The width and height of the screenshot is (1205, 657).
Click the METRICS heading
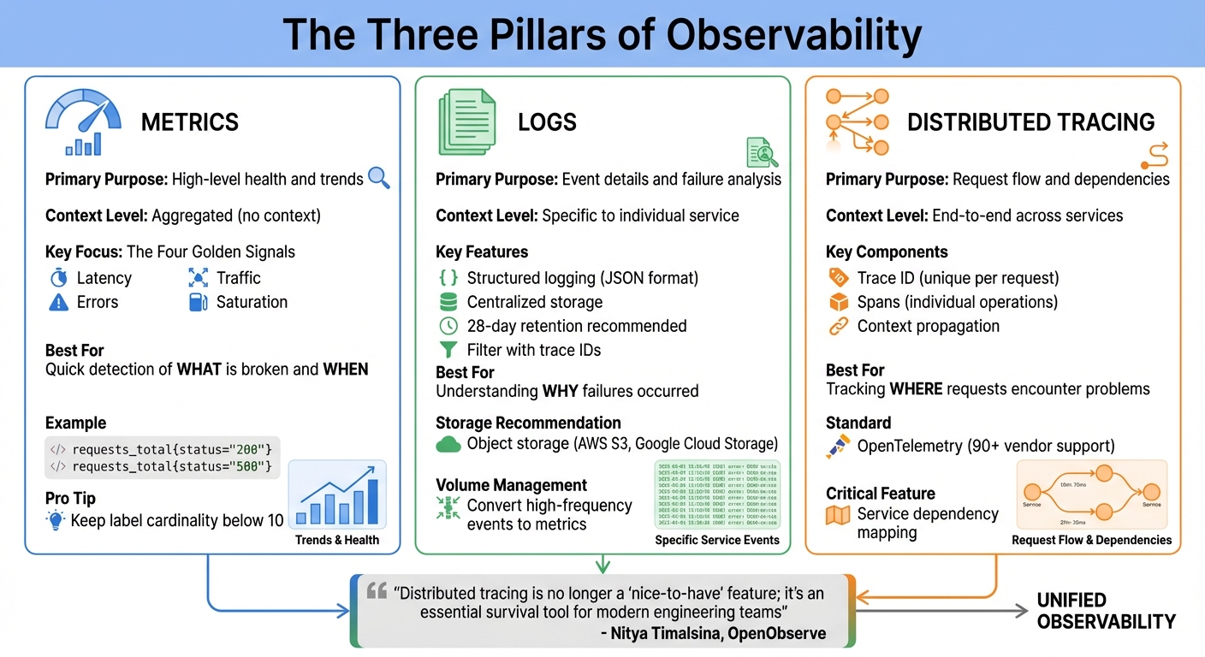(189, 122)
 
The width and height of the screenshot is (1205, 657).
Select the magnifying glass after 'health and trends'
(378, 178)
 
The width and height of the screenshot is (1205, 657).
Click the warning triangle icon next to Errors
(58, 302)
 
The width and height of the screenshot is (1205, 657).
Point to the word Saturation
(252, 302)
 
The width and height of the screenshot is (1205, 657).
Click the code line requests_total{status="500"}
(171, 466)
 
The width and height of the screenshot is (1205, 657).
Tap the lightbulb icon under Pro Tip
(56, 520)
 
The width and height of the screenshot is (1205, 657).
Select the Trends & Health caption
(336, 540)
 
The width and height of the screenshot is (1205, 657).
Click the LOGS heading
(547, 122)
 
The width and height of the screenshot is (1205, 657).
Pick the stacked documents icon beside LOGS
(466, 123)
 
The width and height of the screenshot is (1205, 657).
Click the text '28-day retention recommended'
(576, 326)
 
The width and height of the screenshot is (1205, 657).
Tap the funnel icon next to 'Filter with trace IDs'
(448, 350)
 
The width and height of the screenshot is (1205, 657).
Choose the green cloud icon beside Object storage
(448, 444)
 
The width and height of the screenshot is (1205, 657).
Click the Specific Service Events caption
(717, 540)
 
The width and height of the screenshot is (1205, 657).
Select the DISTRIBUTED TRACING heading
(1030, 122)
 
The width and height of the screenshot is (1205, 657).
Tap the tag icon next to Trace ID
(838, 278)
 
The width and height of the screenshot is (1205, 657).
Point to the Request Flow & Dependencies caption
(1091, 540)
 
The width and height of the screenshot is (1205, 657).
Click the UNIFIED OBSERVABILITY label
(1106, 611)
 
